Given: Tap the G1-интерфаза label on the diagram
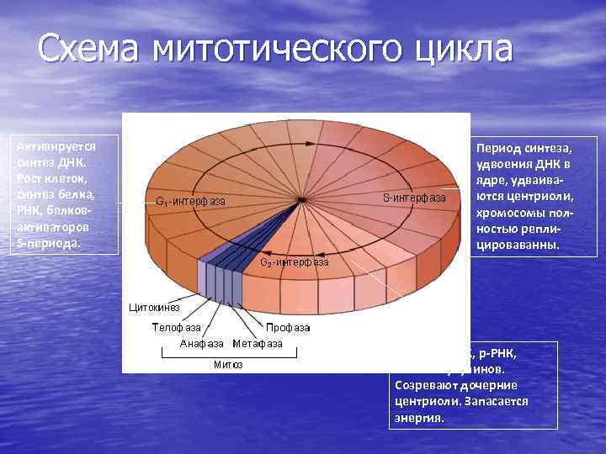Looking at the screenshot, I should (191, 201).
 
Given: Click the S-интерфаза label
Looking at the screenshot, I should (413, 198).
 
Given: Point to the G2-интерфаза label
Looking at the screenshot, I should (295, 262).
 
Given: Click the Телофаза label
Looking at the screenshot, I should (175, 327).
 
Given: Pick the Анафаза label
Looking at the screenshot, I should (202, 344).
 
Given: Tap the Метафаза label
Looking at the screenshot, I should (258, 344).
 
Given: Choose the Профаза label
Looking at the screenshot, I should (288, 327).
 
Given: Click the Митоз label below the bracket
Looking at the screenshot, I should (227, 365).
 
